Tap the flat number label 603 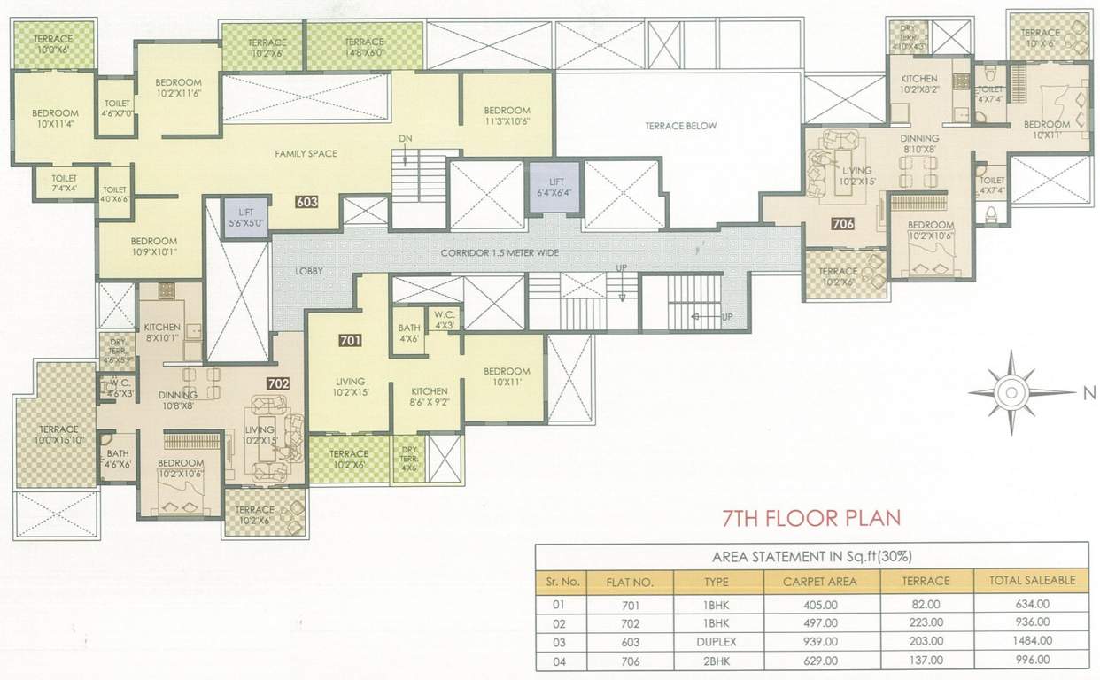click(x=306, y=202)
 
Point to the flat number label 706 click(x=843, y=224)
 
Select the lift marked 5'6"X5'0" click(x=244, y=218)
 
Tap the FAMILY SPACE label click(x=305, y=154)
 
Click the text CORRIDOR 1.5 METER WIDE click(x=500, y=253)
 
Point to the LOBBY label click(x=310, y=271)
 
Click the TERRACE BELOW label click(x=680, y=126)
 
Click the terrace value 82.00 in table click(x=926, y=606)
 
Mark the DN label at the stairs click(x=405, y=138)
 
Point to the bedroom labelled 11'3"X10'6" click(x=507, y=115)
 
